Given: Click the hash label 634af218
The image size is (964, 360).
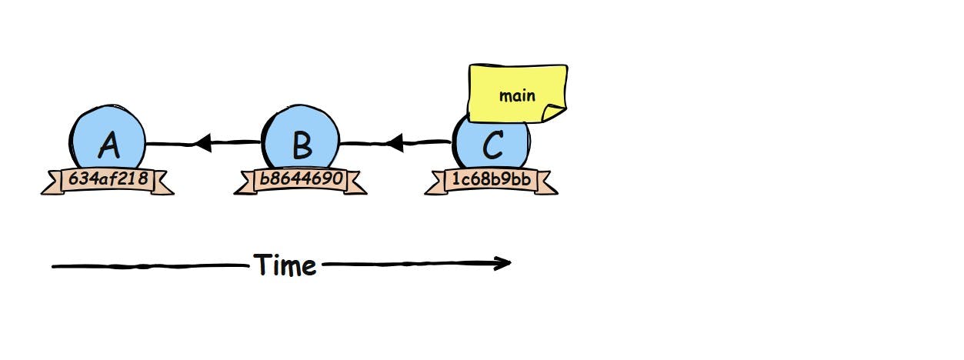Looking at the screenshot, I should [107, 179].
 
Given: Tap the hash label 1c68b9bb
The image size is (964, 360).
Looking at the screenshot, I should [491, 179].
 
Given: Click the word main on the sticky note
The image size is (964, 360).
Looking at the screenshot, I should [517, 96].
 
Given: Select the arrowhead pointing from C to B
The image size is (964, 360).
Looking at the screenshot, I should [395, 142].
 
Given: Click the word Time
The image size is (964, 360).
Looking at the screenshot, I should [285, 265].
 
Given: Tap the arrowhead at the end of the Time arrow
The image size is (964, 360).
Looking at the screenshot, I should [503, 263].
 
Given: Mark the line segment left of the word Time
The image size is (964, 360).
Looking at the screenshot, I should [150, 266].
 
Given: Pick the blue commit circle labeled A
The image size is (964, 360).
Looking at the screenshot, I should [107, 138].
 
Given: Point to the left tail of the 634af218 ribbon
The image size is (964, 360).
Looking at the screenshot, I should [51, 185].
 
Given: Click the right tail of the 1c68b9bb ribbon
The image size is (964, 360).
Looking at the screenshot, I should [546, 185].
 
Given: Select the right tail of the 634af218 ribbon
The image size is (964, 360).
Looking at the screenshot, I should [162, 185].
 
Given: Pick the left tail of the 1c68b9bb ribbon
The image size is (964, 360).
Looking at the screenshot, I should [435, 185].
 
